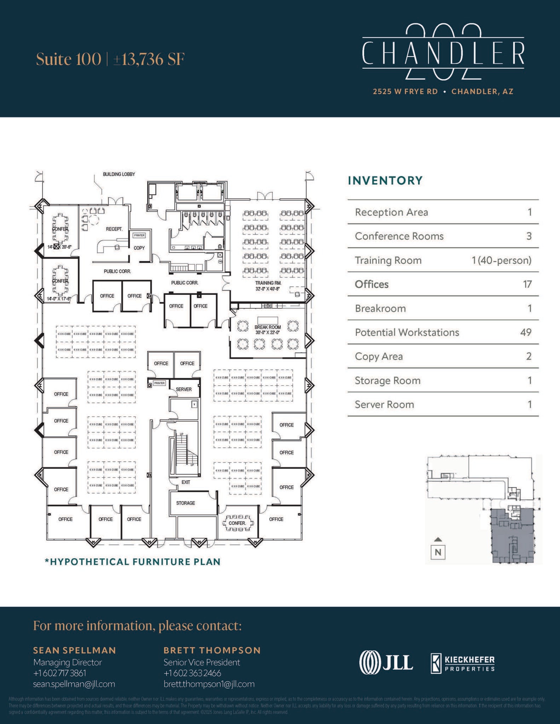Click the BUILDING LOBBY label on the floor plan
[x=119, y=174]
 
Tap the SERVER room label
[x=184, y=389]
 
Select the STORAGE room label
[x=185, y=503]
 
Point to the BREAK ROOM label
[x=267, y=327]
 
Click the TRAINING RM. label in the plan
[x=268, y=283]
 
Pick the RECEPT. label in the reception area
[x=114, y=229]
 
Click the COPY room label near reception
[x=139, y=248]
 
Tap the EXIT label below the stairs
[x=186, y=482]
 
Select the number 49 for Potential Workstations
[x=526, y=332]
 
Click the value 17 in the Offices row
[x=527, y=284]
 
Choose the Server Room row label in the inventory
[x=384, y=404]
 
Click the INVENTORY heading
[x=385, y=181]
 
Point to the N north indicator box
[x=438, y=552]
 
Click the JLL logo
[x=386, y=662]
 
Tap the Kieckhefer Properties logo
[x=463, y=663]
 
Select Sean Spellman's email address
[x=74, y=684]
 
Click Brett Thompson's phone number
[x=192, y=673]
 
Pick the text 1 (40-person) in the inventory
[x=501, y=260]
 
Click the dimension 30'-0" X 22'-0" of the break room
[x=267, y=332]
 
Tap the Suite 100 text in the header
[x=69, y=59]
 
